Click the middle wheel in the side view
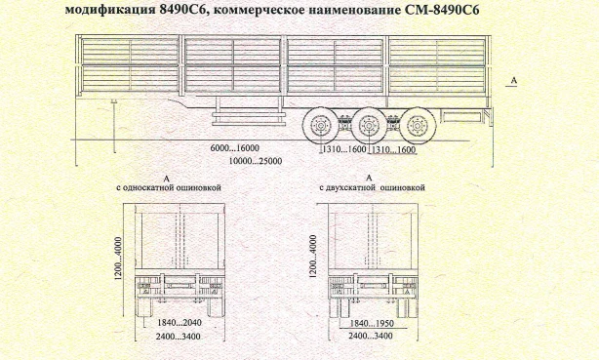(x=369, y=127)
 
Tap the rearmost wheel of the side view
(x=419, y=127)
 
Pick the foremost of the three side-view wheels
(x=319, y=127)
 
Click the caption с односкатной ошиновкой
(x=171, y=186)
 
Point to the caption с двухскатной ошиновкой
(x=371, y=186)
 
